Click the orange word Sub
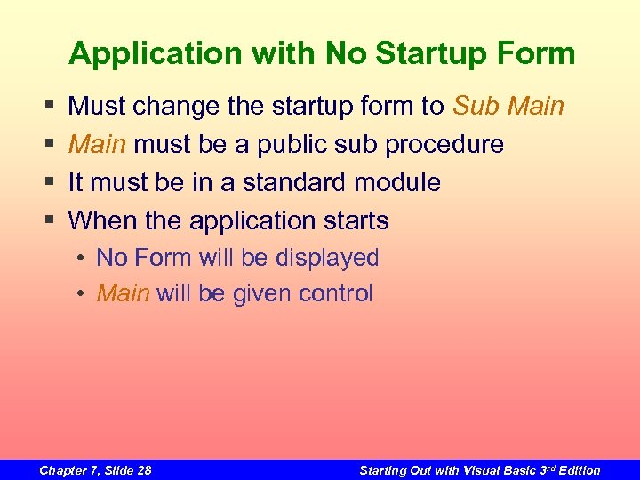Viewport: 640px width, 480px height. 477,107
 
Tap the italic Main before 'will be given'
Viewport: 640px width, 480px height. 123,293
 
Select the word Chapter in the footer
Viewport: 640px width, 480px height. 63,470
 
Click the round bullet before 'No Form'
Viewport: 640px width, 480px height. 81,259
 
